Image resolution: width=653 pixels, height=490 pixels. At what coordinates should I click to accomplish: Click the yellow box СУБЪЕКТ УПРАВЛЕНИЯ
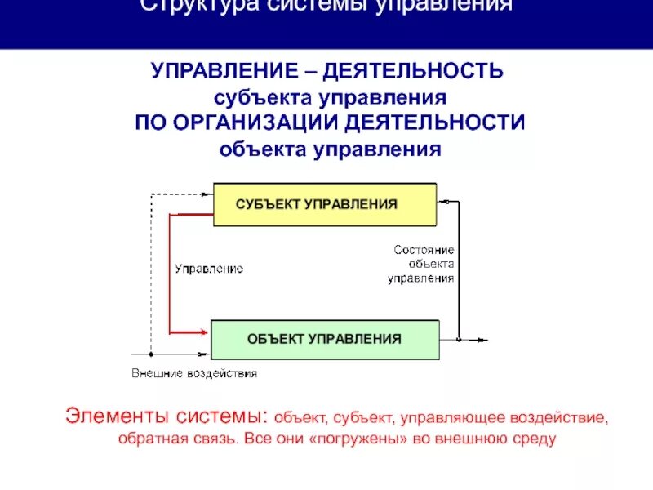tap(325, 203)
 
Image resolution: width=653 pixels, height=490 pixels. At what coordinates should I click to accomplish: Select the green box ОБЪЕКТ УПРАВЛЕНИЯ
tap(325, 339)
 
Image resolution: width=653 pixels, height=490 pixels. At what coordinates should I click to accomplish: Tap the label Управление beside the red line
tap(209, 269)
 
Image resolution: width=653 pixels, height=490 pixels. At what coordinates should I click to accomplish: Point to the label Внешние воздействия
tap(194, 373)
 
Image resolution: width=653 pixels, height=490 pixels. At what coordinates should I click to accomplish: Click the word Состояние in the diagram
tap(424, 249)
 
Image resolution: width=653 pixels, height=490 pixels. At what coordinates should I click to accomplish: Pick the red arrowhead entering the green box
tap(206, 332)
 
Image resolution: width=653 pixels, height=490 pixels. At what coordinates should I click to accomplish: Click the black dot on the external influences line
tap(151, 354)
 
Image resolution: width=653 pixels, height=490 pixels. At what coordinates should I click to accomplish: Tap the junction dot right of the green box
tap(459, 340)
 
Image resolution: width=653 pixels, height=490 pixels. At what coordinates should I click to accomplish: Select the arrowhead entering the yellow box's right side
tap(442, 200)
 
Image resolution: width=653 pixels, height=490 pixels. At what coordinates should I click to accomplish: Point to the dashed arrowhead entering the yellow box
tap(208, 194)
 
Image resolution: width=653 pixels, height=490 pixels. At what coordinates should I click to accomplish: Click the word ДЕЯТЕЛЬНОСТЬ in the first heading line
tap(413, 71)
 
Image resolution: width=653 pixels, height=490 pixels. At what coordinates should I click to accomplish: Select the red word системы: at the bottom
tap(223, 416)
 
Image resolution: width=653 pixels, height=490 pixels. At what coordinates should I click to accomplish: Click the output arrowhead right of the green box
tap(486, 340)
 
